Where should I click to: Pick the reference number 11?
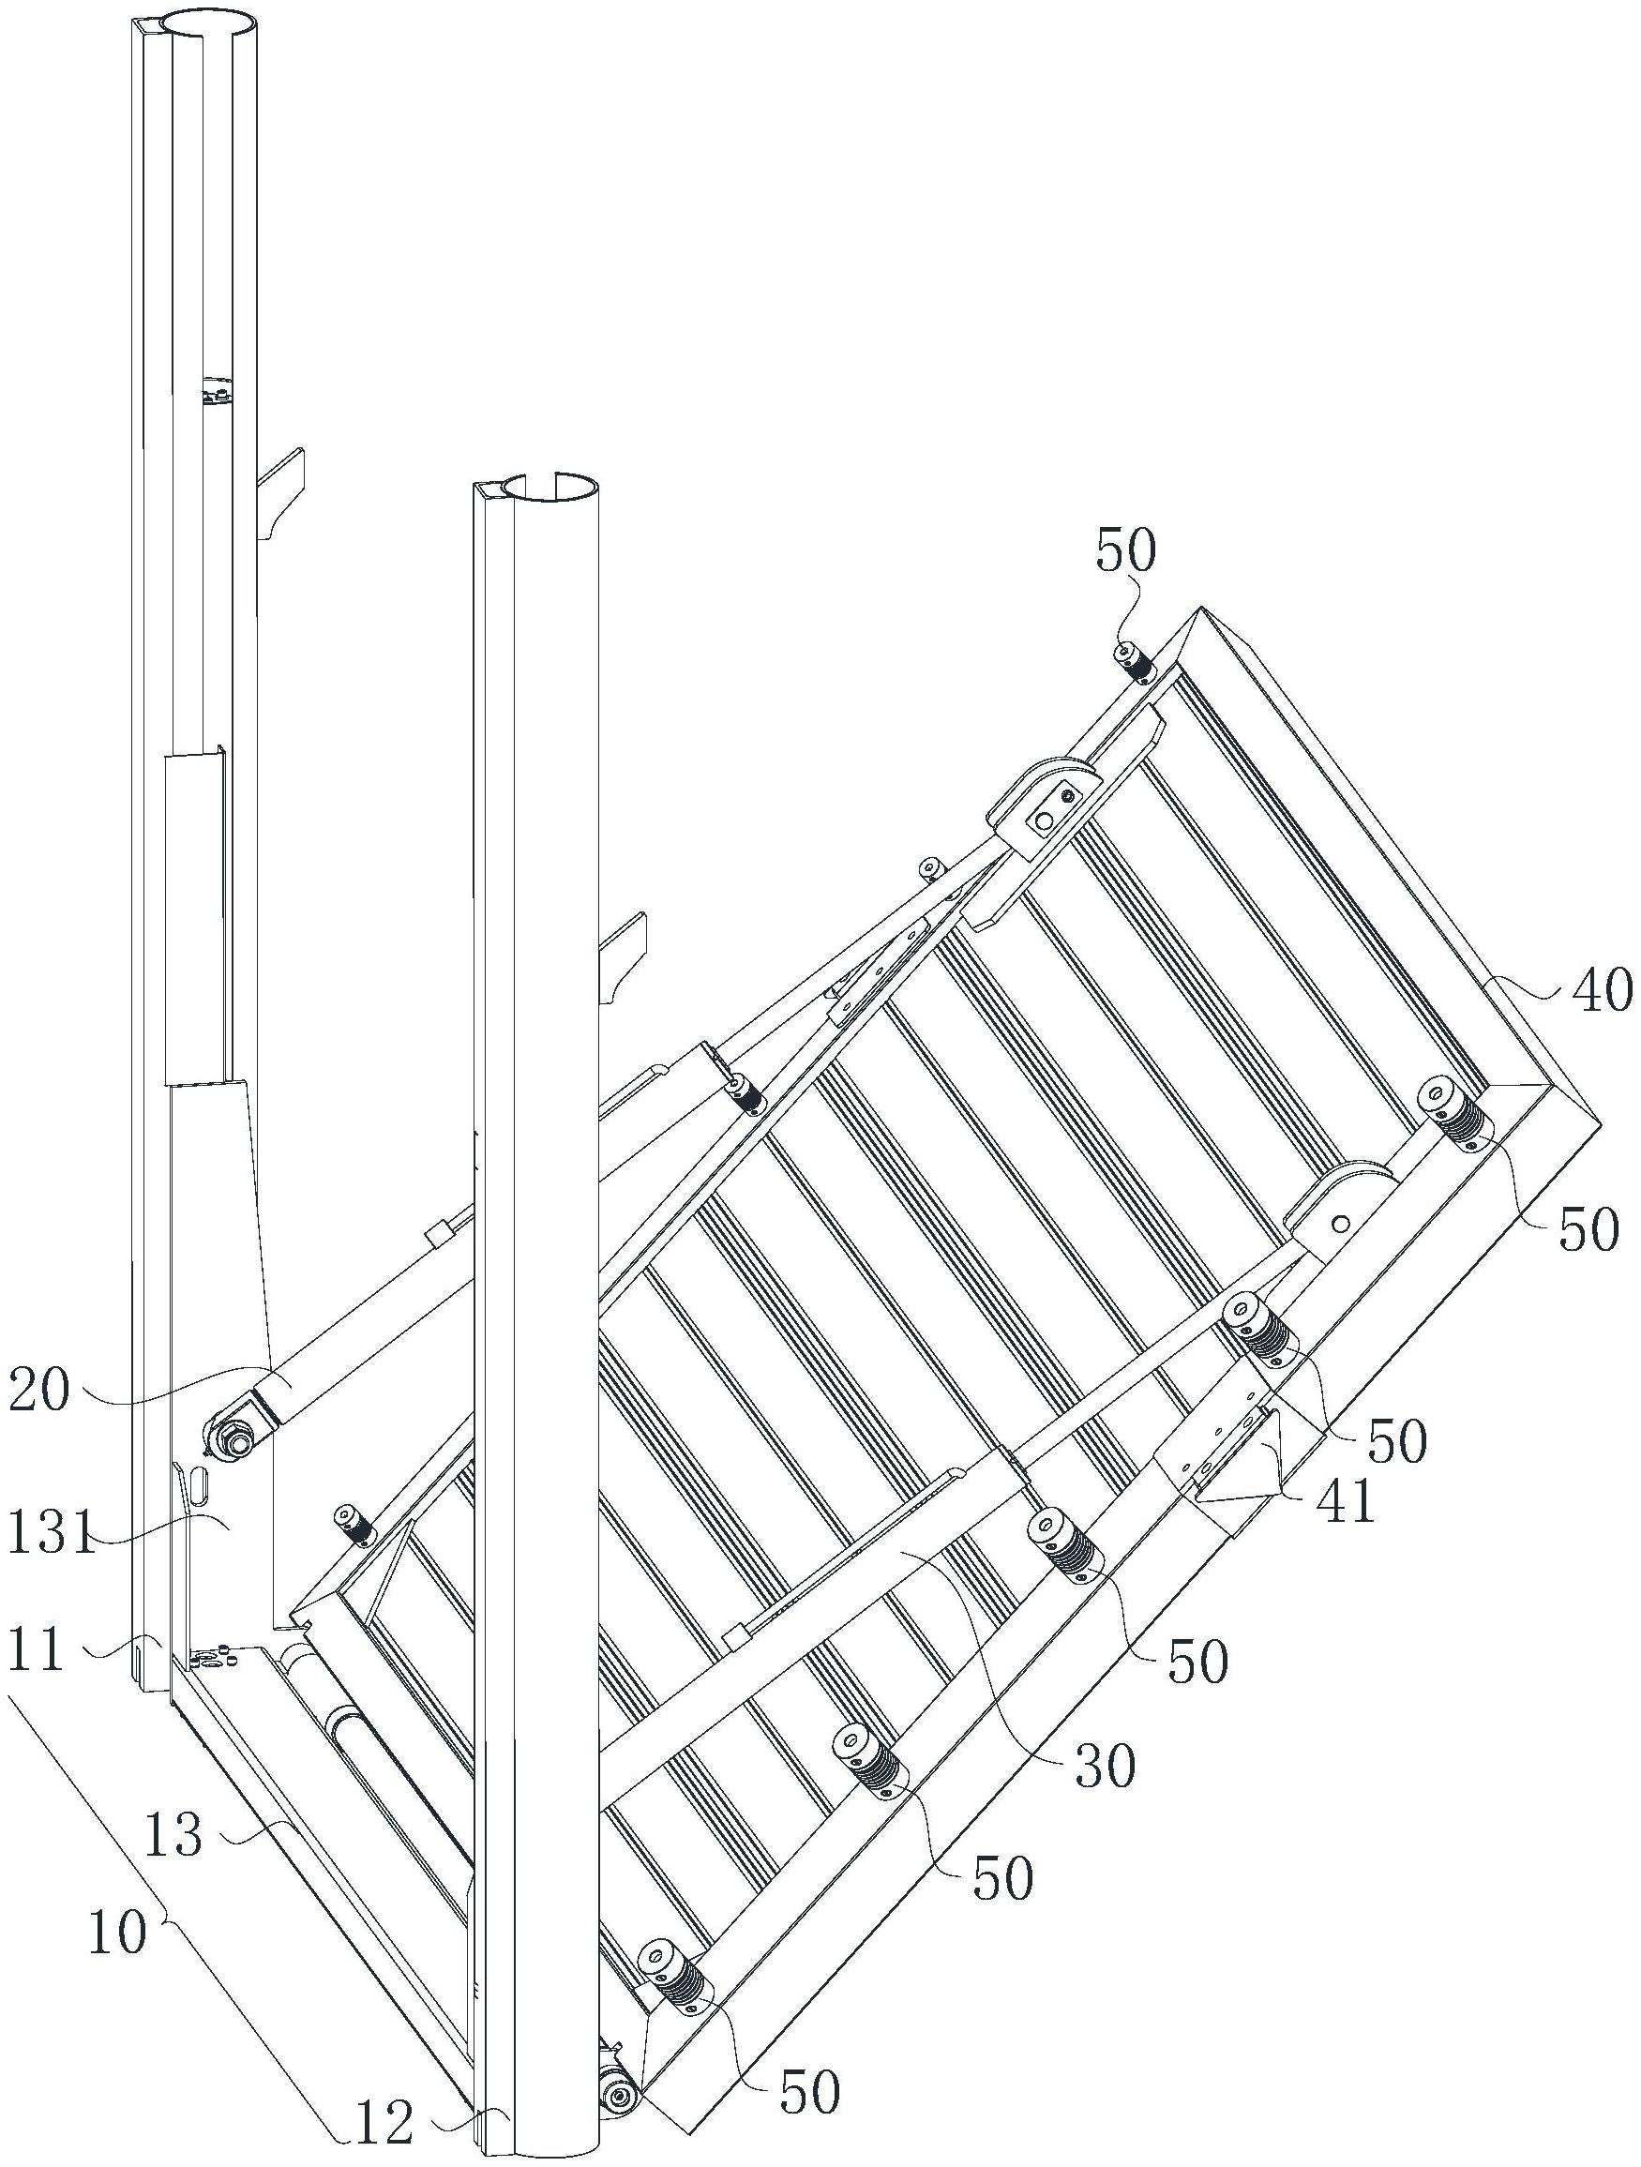point(37,1653)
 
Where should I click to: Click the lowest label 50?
point(809,2086)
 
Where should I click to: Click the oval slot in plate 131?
point(199,1482)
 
